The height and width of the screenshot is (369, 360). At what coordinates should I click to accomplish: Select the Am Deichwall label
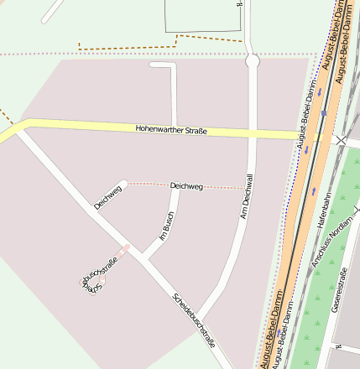click(246, 206)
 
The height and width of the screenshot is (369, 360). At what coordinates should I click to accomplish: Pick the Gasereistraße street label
click(342, 289)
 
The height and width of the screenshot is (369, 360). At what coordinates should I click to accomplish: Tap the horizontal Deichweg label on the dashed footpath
click(185, 185)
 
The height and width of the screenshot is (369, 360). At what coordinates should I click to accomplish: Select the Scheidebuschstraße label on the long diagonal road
click(195, 320)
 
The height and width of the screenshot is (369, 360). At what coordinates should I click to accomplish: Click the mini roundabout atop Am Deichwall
click(252, 60)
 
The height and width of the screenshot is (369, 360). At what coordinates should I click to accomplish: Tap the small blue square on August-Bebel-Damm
click(324, 112)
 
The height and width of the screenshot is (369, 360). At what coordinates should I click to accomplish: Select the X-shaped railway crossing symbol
click(341, 142)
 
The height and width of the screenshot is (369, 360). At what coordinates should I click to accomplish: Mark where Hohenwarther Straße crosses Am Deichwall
click(252, 134)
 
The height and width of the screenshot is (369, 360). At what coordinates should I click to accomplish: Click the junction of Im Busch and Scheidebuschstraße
click(143, 257)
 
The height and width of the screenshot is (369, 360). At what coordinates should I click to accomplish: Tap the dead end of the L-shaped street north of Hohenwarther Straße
click(152, 65)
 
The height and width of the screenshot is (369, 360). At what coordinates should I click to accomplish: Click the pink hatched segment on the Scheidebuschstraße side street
click(124, 250)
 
